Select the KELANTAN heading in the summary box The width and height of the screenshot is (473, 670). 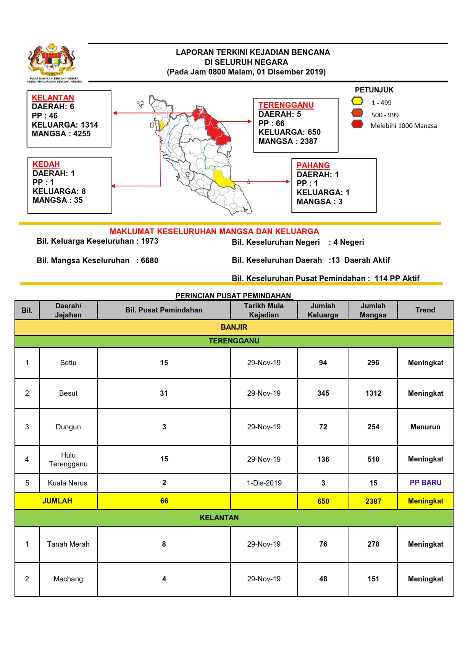53,98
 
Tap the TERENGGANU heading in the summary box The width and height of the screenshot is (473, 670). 286,105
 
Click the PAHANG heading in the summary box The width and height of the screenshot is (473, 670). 313,165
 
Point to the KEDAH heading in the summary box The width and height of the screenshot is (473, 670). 46,164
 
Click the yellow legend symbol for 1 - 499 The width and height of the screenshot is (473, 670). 357,102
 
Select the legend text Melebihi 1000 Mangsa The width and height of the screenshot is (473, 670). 404,126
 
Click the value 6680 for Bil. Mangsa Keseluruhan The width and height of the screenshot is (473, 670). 149,261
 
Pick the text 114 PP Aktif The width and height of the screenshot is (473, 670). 397,278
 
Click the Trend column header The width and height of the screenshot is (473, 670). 425,310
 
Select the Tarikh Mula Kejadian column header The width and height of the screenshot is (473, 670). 264,310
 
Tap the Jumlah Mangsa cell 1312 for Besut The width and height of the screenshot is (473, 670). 373,393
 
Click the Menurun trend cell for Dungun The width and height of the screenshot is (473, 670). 425,427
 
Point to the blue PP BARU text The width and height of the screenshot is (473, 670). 425,483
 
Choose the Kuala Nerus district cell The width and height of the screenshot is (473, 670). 68,483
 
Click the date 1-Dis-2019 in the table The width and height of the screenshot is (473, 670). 264,483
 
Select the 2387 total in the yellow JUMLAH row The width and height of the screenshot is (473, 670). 373,502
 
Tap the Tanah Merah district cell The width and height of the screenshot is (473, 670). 68,544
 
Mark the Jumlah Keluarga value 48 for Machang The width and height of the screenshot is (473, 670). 323,579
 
